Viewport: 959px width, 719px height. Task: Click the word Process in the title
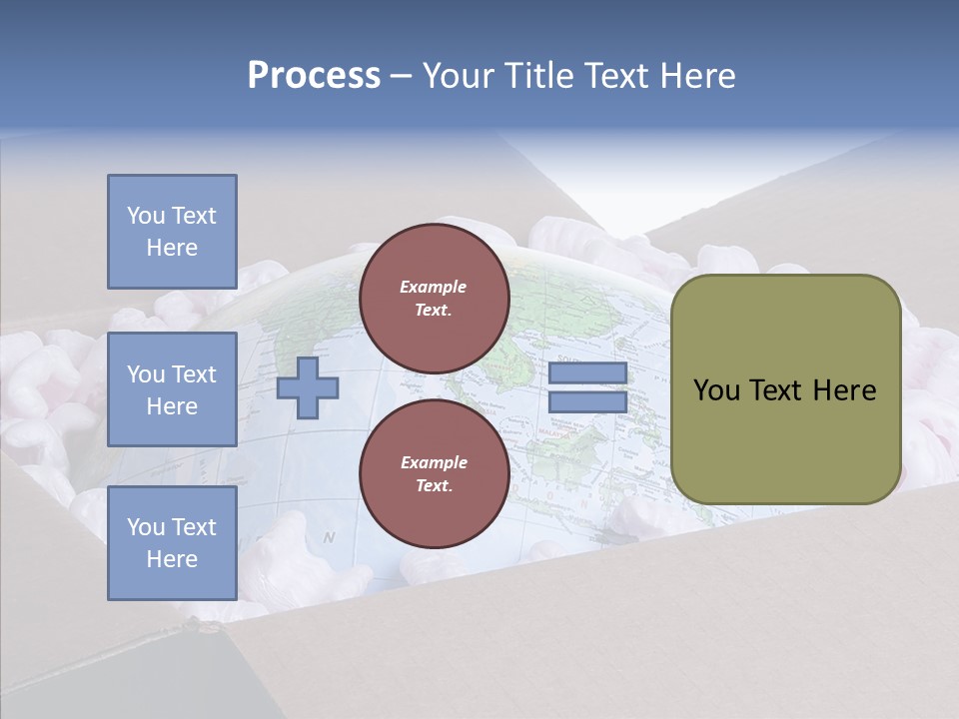[x=314, y=76]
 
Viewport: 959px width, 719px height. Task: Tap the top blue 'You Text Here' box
[x=172, y=232]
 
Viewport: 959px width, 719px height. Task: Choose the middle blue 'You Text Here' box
[x=172, y=389]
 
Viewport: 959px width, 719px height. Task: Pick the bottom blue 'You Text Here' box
[x=172, y=543]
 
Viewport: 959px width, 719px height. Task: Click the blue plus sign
[x=307, y=388]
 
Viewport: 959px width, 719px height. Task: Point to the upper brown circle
[x=434, y=299]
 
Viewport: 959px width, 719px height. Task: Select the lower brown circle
[x=434, y=474]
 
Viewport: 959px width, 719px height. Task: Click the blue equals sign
[x=587, y=387]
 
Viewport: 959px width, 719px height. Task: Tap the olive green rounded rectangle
[x=786, y=389]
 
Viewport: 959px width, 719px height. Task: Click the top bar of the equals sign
[x=587, y=373]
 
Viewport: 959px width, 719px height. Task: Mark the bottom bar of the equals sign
[x=587, y=402]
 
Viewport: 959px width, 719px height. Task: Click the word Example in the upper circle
[x=434, y=287]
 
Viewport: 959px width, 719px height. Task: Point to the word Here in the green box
[x=845, y=390]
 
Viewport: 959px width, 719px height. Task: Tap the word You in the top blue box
[x=145, y=216]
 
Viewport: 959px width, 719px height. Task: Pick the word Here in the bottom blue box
[x=172, y=559]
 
